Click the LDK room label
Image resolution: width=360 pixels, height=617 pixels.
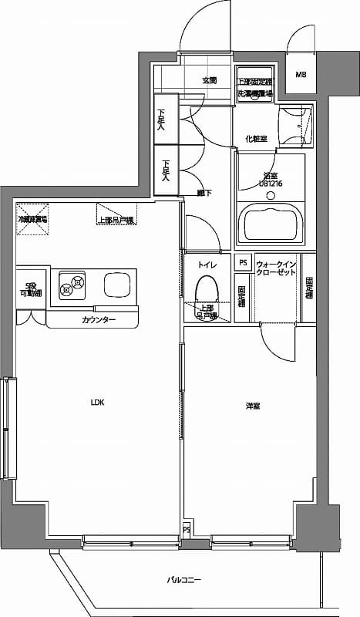tap(97, 403)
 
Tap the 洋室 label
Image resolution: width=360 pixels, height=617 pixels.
tap(252, 406)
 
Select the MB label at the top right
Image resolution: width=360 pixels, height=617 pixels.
tap(301, 75)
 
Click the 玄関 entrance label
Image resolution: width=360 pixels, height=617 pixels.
tap(210, 80)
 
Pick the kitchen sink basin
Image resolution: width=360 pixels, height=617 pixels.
tap(118, 287)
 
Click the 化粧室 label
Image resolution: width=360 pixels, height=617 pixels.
tap(256, 139)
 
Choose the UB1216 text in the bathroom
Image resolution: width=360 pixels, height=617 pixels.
tap(271, 183)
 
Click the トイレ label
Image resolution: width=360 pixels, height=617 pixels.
tap(207, 265)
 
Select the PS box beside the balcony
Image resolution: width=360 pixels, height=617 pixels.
tap(187, 531)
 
